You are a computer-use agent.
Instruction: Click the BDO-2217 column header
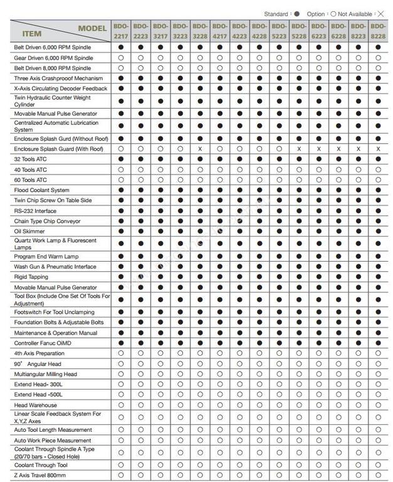click(x=120, y=31)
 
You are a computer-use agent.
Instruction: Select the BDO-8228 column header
click(x=378, y=31)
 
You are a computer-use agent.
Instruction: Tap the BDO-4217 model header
click(x=219, y=31)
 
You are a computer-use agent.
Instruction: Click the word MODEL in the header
click(x=92, y=28)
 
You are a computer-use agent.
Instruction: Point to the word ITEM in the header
click(x=32, y=34)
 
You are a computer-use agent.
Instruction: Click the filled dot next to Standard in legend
click(x=296, y=14)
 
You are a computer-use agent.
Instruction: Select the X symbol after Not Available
click(x=380, y=14)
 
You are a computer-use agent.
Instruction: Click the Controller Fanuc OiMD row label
click(x=44, y=343)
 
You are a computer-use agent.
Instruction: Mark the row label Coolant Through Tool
click(x=42, y=465)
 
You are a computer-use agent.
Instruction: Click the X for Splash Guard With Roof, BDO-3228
click(x=199, y=149)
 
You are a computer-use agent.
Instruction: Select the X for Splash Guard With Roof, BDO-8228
click(x=378, y=149)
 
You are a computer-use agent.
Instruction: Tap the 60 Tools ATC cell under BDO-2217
click(x=120, y=179)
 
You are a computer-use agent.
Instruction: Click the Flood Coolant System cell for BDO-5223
click(x=279, y=190)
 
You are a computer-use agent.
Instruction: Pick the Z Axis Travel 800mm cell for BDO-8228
click(x=378, y=476)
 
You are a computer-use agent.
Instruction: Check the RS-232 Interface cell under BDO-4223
click(x=239, y=211)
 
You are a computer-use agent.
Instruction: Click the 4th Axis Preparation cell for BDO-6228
click(x=338, y=353)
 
